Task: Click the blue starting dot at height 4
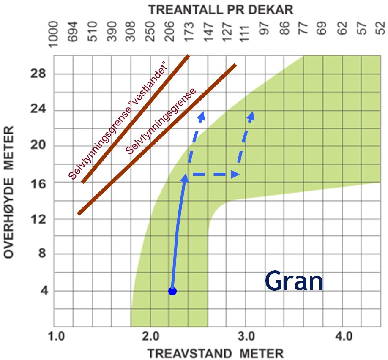172,291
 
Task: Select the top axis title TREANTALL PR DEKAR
221,10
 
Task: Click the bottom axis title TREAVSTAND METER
215,353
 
